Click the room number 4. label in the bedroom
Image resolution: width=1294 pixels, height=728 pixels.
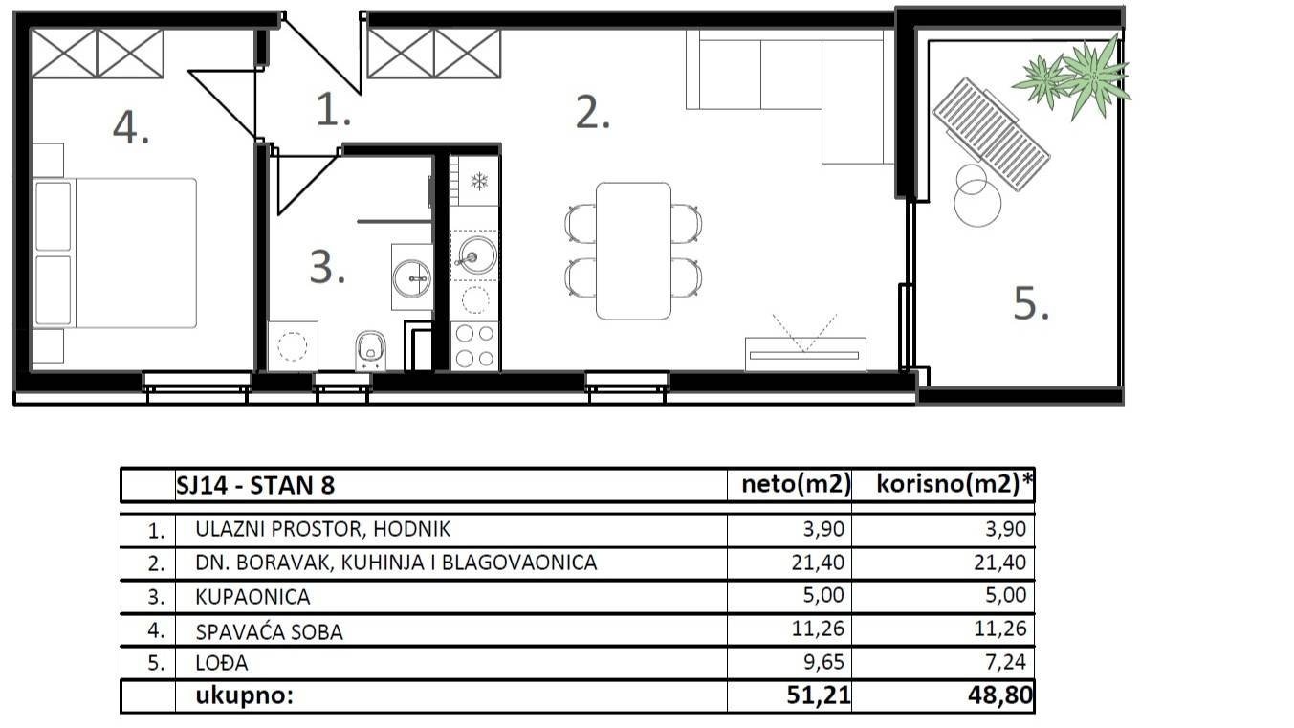(130, 127)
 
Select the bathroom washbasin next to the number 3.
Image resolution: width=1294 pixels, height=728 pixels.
(412, 277)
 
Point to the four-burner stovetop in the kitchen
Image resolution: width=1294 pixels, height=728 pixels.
(474, 346)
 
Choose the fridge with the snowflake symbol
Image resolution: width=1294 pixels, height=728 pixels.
(475, 181)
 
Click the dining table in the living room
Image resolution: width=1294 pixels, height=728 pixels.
(633, 251)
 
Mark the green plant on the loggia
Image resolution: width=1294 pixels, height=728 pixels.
(1075, 77)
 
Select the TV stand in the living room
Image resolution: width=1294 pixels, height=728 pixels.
(805, 354)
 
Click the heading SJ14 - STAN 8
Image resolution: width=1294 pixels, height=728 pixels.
(255, 485)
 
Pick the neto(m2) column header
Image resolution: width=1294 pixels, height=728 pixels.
(796, 485)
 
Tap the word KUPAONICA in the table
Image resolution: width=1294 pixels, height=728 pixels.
(252, 597)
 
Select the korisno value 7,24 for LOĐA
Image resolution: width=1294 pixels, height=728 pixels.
(1004, 663)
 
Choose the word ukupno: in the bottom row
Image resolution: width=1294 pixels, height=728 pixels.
(244, 696)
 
